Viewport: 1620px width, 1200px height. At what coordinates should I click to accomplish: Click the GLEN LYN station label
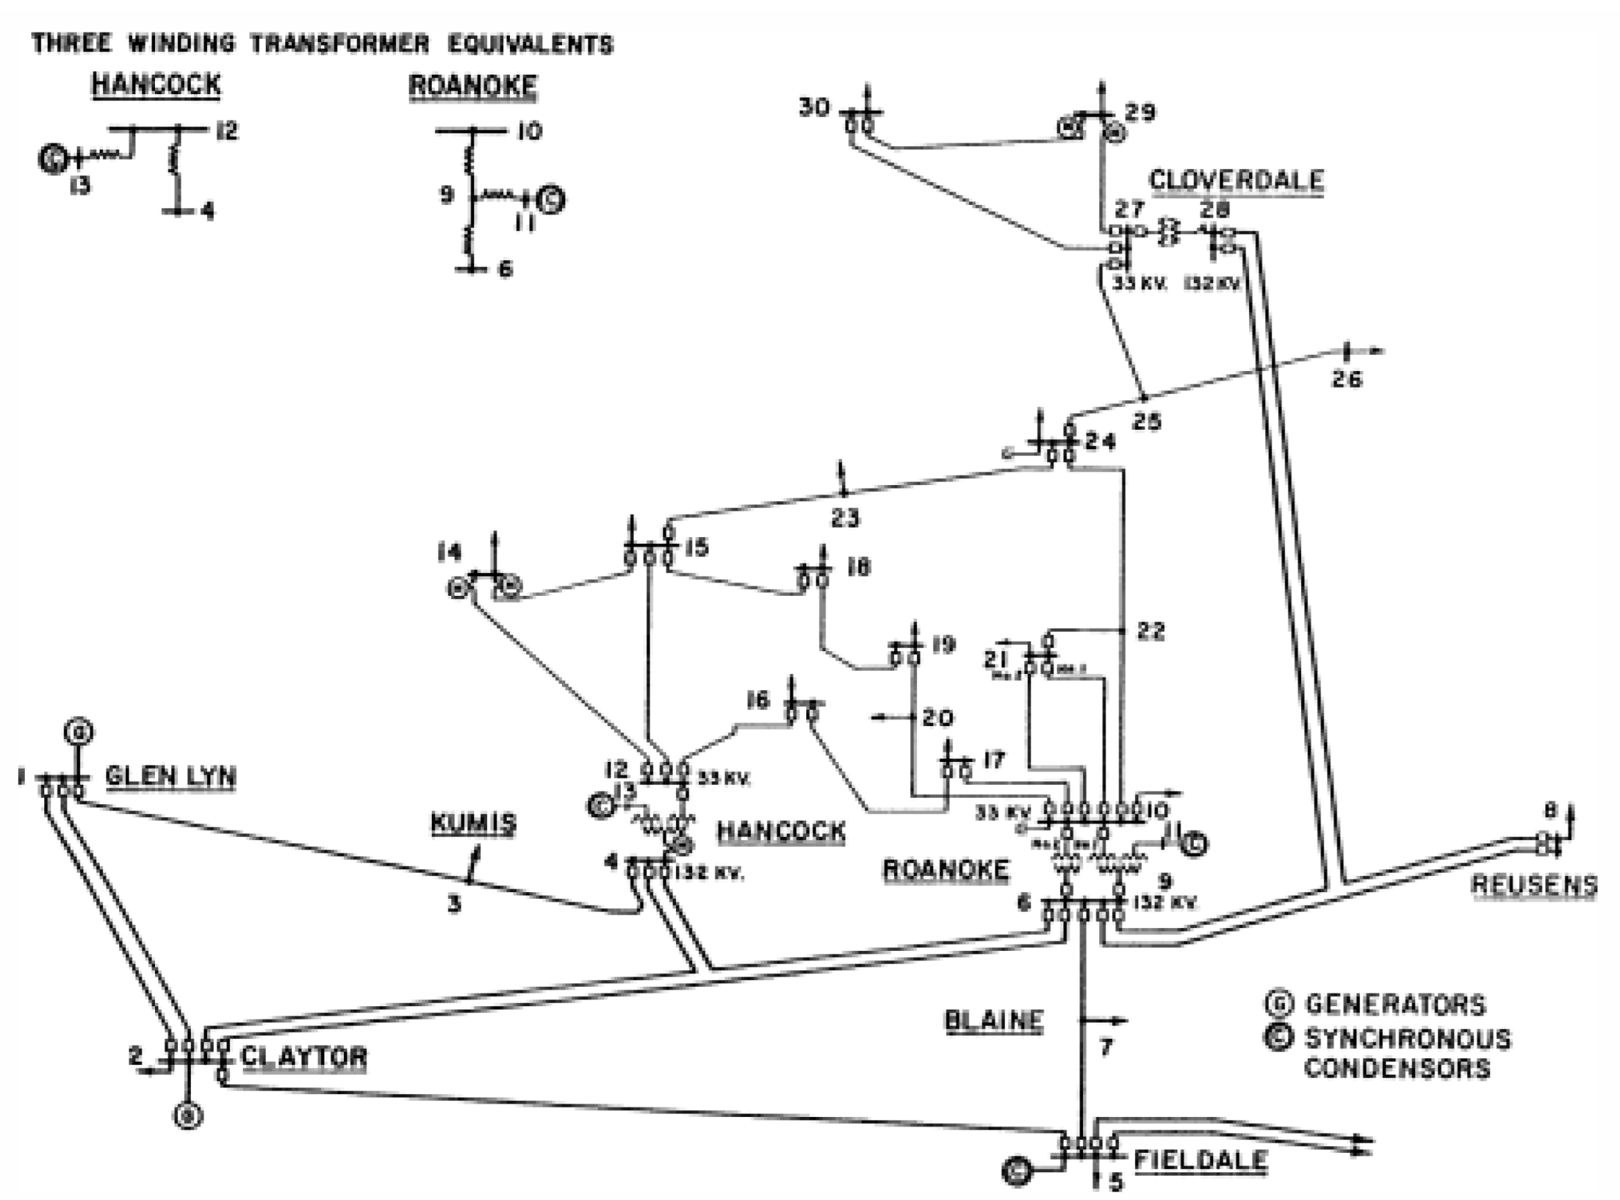tap(171, 776)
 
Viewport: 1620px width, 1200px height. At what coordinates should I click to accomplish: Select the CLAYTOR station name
tap(304, 1056)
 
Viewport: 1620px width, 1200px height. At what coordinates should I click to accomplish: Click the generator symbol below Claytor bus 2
tap(188, 1116)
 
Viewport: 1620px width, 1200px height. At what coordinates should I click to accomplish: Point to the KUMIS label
tap(473, 823)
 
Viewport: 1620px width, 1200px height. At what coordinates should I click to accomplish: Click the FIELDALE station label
tap(1200, 1160)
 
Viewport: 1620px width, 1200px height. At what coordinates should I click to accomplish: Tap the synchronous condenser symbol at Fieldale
tap(1017, 1170)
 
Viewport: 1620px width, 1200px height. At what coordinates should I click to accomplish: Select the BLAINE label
tap(994, 1021)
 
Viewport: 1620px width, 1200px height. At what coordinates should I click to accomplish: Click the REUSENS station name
tap(1534, 884)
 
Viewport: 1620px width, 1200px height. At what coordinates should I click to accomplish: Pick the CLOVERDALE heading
tap(1237, 179)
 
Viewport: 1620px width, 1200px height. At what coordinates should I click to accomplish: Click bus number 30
tap(814, 107)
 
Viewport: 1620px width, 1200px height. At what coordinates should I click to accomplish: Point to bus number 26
tap(1347, 379)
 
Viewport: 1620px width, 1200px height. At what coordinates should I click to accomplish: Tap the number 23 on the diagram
tap(846, 518)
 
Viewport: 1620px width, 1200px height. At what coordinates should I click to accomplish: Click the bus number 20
tap(937, 718)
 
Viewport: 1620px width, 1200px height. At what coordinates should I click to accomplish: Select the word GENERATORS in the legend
tap(1395, 1005)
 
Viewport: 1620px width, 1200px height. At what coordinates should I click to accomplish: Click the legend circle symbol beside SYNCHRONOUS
tap(1279, 1037)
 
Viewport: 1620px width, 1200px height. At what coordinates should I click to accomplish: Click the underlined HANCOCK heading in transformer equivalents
tap(156, 84)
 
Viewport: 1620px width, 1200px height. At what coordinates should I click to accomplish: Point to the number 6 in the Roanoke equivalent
tap(505, 269)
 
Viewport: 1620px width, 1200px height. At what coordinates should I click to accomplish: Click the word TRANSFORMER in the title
tap(340, 44)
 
